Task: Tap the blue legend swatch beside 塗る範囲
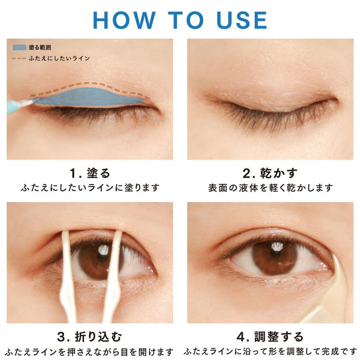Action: [x=19, y=48]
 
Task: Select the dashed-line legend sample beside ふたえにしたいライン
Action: [x=19, y=58]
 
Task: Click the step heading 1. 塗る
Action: [x=90, y=173]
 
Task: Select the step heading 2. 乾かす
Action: [x=270, y=173]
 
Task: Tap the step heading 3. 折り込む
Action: [x=90, y=337]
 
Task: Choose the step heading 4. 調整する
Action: [x=270, y=337]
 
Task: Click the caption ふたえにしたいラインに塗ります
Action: [x=90, y=188]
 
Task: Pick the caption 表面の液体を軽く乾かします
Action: [x=270, y=188]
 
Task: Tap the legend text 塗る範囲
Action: [x=40, y=48]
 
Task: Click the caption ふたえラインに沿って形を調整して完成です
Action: [x=270, y=351]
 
